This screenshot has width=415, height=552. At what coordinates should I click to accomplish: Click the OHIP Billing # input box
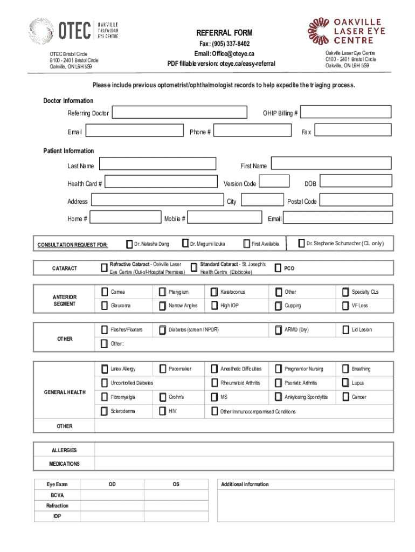click(347, 112)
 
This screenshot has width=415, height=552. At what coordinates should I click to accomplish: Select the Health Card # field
click(160, 183)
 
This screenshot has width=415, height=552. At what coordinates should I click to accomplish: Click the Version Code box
click(274, 182)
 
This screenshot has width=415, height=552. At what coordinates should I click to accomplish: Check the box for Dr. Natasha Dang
click(129, 244)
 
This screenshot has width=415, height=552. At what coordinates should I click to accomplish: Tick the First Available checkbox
click(247, 244)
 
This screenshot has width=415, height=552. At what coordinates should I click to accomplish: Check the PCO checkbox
click(278, 268)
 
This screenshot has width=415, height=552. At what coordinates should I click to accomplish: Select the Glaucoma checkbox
click(104, 306)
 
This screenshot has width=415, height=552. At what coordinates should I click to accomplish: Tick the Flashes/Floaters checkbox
click(104, 329)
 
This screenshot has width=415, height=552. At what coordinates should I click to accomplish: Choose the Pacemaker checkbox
click(162, 369)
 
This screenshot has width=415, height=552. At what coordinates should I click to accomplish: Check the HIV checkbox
click(162, 411)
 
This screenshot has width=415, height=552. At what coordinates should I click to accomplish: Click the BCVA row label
click(57, 495)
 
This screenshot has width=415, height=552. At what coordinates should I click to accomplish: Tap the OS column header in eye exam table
click(176, 484)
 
